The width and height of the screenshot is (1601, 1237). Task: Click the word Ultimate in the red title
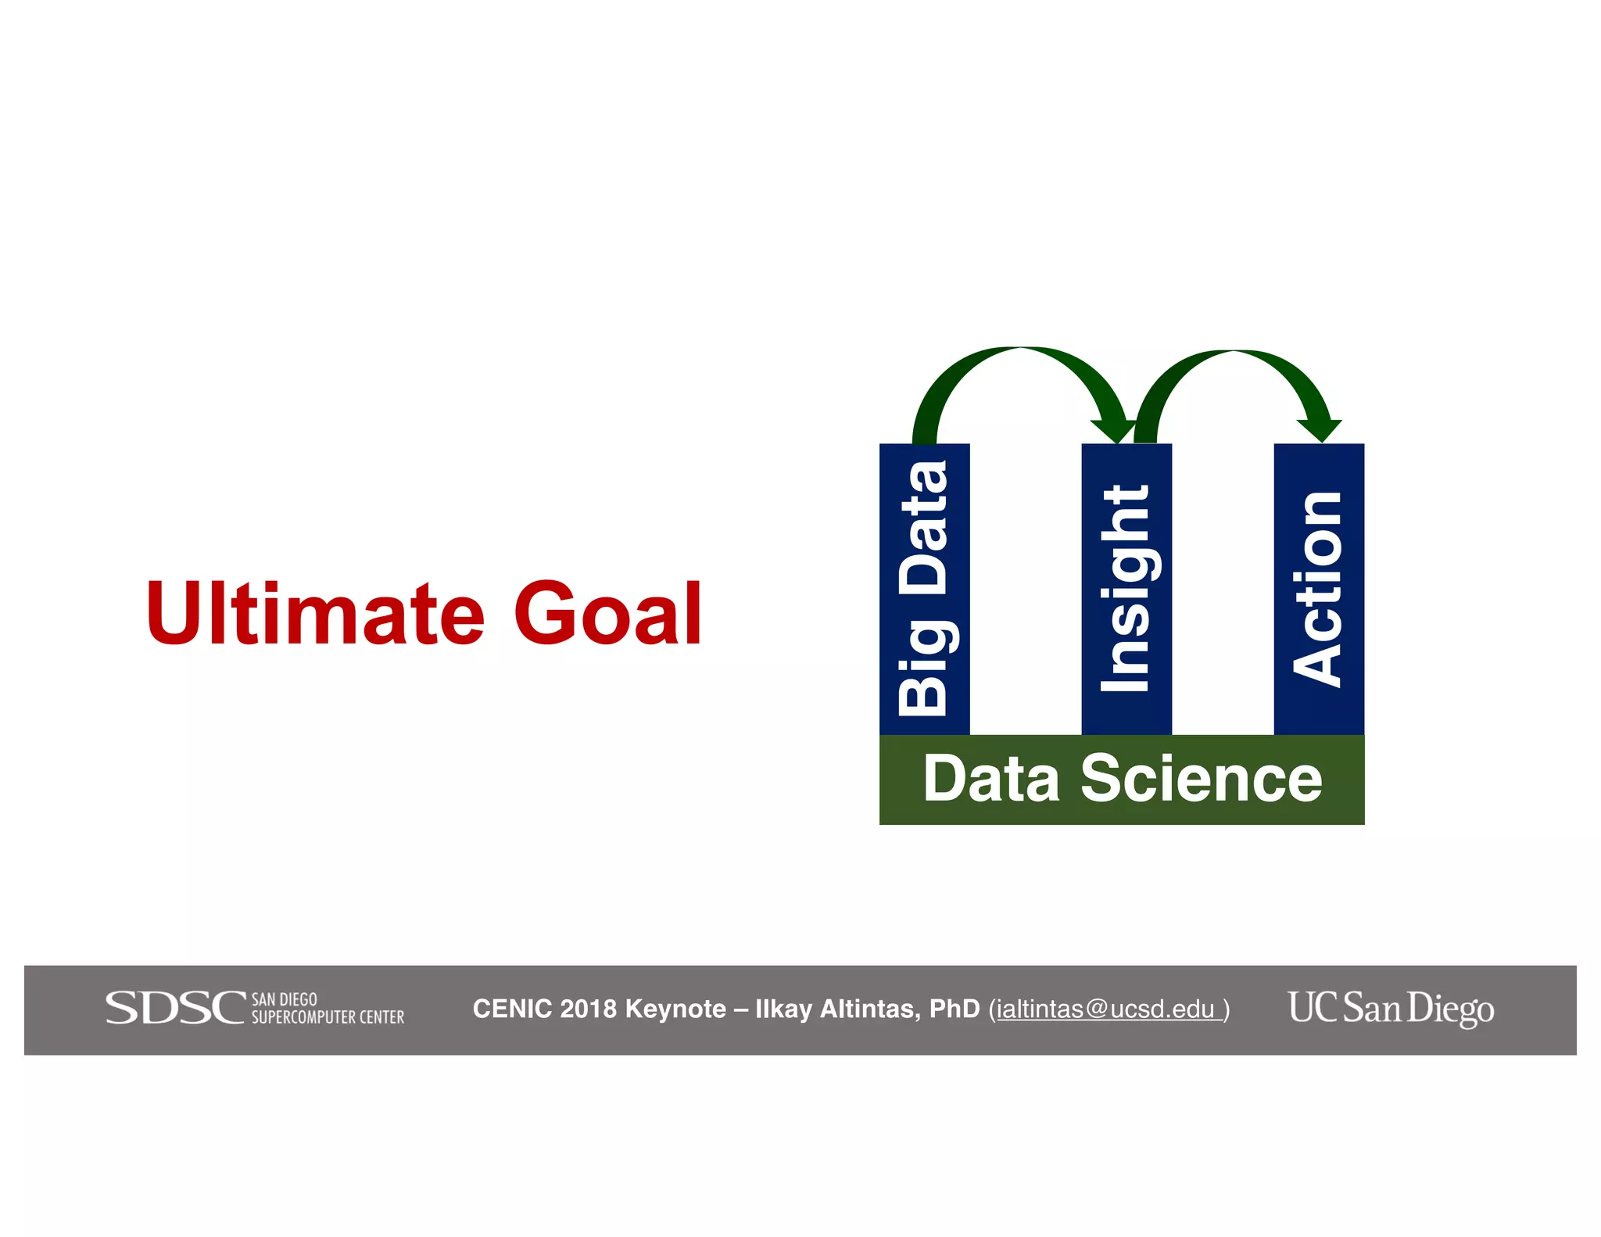click(315, 614)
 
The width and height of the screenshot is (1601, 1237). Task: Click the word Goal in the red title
click(607, 614)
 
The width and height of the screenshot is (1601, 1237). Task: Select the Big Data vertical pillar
click(924, 589)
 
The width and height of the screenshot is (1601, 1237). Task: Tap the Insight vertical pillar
click(1126, 589)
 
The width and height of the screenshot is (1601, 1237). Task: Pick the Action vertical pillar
click(1319, 589)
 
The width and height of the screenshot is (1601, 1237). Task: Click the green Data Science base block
click(1121, 779)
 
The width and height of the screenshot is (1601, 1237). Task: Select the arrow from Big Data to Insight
click(1020, 360)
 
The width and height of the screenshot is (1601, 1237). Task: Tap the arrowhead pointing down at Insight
click(1114, 430)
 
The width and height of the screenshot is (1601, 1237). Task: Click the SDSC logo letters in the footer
click(175, 1008)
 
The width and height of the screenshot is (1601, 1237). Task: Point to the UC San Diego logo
click(1391, 1008)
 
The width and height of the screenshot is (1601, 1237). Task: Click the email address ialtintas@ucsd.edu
click(1106, 1009)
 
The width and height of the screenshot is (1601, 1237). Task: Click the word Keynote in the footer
click(675, 1009)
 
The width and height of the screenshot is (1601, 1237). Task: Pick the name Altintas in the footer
click(869, 1009)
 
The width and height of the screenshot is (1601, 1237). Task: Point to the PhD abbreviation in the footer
click(955, 1009)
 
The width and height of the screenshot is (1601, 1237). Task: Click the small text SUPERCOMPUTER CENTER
click(328, 1017)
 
